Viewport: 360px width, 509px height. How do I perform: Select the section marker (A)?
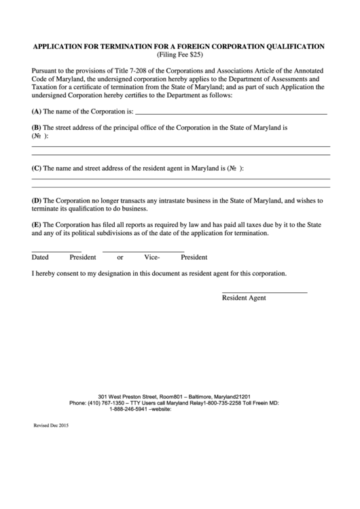37,111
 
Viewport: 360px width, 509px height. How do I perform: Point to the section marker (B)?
37,127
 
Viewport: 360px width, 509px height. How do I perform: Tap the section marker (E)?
37,224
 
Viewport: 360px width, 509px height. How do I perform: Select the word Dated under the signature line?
40,258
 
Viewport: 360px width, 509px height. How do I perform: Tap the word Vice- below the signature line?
151,258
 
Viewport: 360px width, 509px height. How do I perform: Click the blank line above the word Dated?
56,251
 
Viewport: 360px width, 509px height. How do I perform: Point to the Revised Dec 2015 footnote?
51,425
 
